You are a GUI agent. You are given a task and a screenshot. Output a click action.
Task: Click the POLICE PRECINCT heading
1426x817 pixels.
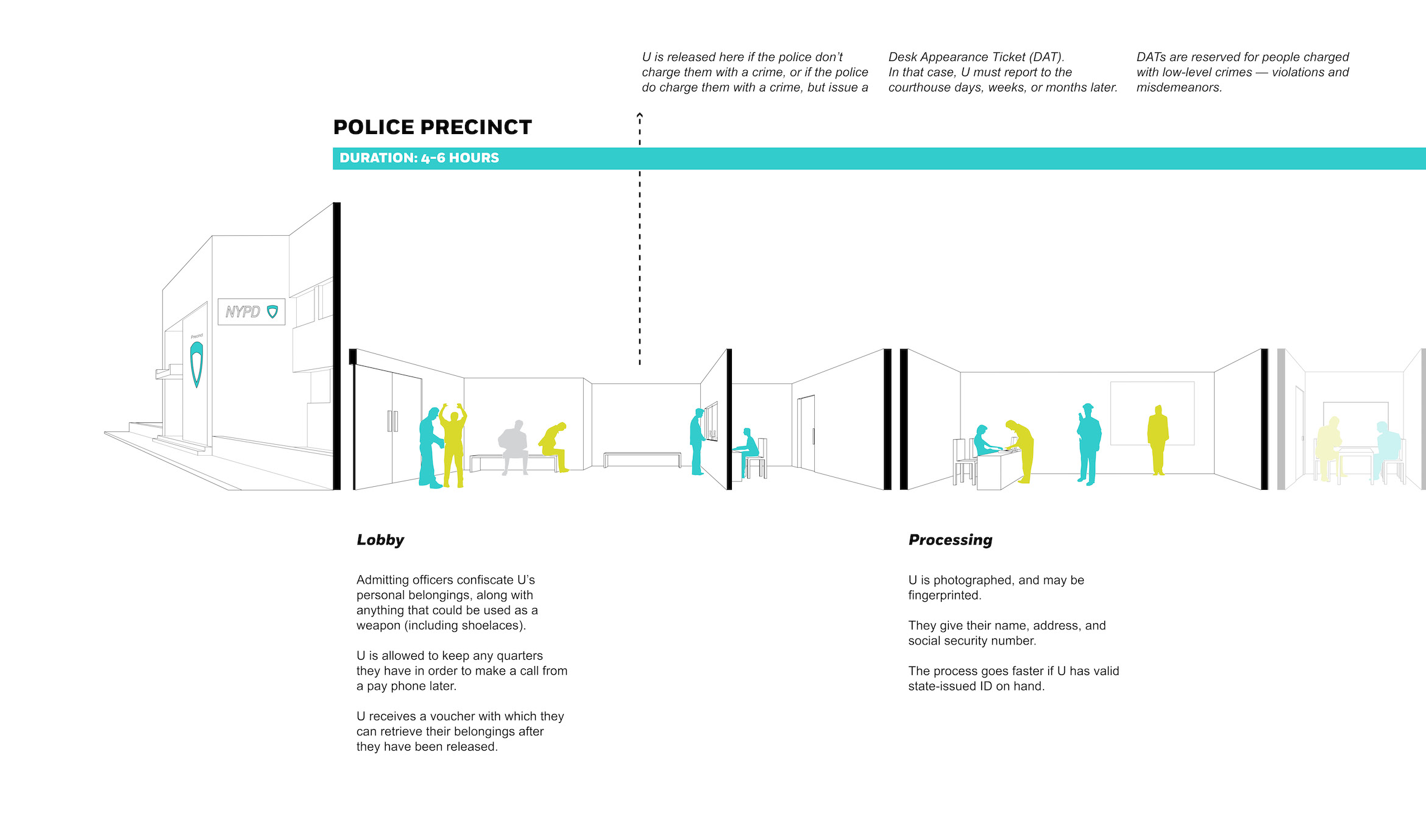tap(433, 127)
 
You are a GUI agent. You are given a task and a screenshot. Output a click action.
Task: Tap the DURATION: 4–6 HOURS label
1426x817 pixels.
tap(419, 158)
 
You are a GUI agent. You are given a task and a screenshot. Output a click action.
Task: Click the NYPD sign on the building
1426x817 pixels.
tap(252, 312)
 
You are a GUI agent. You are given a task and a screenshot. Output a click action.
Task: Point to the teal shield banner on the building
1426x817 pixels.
tap(197, 363)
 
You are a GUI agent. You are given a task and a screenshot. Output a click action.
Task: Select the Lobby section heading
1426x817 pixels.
tap(380, 540)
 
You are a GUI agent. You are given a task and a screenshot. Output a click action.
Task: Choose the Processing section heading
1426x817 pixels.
tap(950, 540)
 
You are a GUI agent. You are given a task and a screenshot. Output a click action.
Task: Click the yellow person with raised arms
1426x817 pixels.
tap(453, 445)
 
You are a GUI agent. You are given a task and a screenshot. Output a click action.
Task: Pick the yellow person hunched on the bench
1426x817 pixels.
tap(555, 447)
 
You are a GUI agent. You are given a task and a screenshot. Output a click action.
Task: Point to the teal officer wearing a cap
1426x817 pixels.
tap(1088, 444)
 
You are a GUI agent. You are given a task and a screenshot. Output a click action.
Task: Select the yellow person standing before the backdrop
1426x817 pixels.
tap(1158, 440)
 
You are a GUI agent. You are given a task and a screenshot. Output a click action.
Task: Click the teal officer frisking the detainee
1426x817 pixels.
tap(430, 448)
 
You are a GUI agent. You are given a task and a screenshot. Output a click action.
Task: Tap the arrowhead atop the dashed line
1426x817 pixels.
tap(640, 115)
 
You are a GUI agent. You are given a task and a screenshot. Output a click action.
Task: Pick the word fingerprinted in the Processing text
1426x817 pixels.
tap(945, 595)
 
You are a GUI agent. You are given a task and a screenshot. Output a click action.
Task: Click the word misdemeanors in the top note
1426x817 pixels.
tap(1179, 87)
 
